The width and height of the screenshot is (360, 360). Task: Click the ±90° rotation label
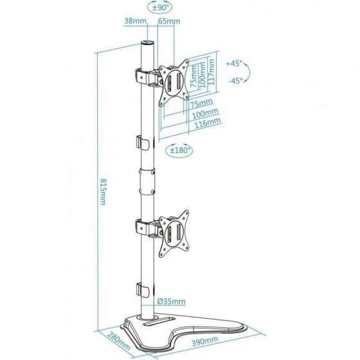tap(161, 7)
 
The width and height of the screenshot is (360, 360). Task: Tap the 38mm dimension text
tap(135, 21)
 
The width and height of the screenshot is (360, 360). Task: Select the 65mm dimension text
tap(169, 21)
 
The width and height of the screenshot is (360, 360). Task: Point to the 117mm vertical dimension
tap(212, 72)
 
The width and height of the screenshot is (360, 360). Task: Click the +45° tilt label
tap(234, 64)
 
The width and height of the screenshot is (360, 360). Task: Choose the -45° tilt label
tap(235, 80)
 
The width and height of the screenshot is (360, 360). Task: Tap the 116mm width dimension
tap(207, 123)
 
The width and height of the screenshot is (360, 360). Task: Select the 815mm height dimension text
tap(103, 192)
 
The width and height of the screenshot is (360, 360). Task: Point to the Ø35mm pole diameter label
tap(171, 301)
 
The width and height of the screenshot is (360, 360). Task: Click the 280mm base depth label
tap(119, 340)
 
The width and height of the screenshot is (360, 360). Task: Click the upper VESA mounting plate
tap(174, 83)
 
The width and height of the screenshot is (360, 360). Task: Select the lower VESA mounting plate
tap(174, 233)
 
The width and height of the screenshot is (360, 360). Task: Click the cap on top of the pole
tap(147, 43)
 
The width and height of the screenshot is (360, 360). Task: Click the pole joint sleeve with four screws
tap(147, 181)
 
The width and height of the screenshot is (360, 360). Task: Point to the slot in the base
tap(159, 320)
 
